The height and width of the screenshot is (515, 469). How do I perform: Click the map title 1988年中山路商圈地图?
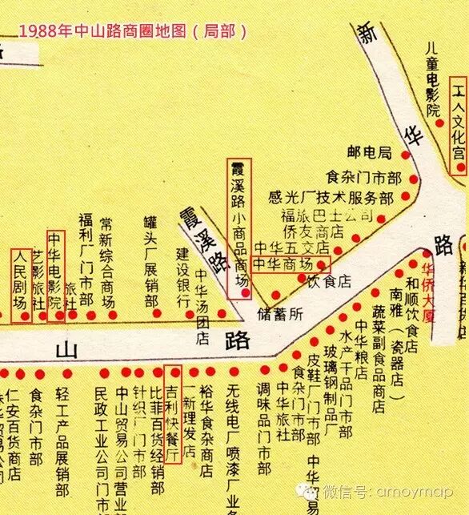pyautogui.click(x=133, y=30)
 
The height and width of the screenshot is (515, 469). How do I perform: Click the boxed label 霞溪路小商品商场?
pyautogui.click(x=239, y=227)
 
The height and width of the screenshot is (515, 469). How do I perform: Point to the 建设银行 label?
pyautogui.click(x=182, y=276)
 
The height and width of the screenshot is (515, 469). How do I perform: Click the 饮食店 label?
pyautogui.click(x=330, y=281)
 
